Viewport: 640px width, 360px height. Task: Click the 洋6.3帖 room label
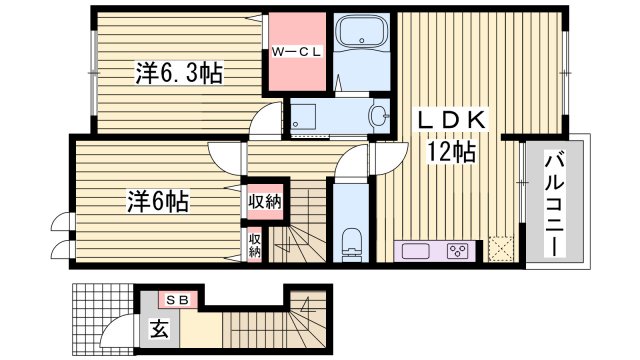(x=179, y=72)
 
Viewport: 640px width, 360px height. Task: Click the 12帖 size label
(x=452, y=151)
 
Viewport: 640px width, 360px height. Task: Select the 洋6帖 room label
(x=158, y=200)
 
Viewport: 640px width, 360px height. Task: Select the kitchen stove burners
(x=460, y=249)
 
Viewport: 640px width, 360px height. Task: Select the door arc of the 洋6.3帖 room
(x=262, y=120)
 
